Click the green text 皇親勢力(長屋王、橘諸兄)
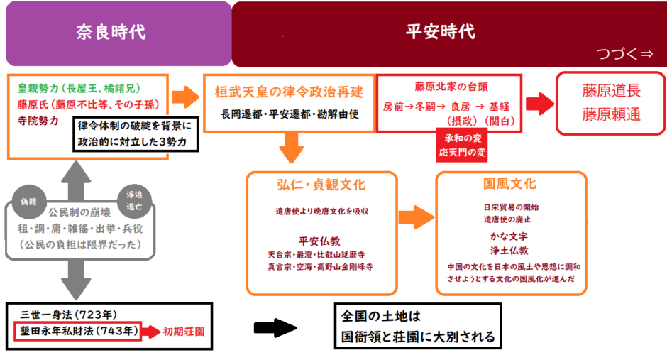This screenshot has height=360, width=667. coord(89,89)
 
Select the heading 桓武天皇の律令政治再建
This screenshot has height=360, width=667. coord(289,92)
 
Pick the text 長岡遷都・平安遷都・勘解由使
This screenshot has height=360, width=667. coord(289,114)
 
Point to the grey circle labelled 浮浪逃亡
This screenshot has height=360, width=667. coord(133,197)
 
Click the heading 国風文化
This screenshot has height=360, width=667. coord(509,186)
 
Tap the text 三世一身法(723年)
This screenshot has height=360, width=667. coord(69,315)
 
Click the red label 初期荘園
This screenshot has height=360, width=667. coord(187,331)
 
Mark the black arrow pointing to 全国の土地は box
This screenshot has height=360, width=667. coord(275,329)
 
